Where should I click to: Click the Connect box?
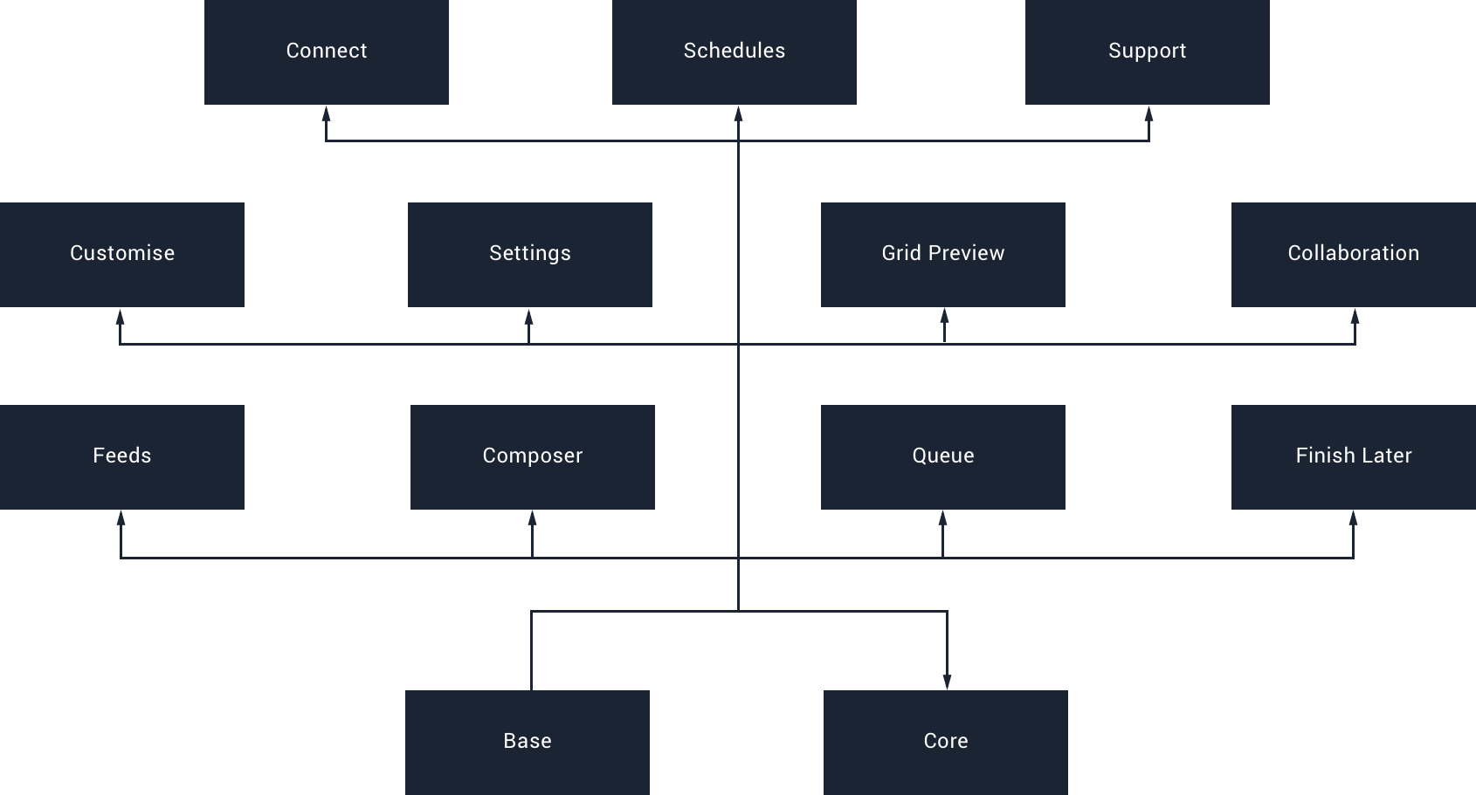327,51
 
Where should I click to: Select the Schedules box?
735,51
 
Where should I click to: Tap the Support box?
1148,51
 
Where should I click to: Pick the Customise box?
122,254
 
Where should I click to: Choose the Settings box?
530,254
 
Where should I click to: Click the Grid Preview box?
943,254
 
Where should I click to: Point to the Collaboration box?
1354,254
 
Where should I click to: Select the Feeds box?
122,456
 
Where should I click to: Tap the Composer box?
533,456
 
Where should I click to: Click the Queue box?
943,456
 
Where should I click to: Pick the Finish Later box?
1354,456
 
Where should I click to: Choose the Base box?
528,742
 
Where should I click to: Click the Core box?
946,742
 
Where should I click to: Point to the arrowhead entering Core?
947,682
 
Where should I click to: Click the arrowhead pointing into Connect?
326,113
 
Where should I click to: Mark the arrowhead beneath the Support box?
1148,113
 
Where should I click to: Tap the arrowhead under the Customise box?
120,317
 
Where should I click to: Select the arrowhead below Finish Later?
1353,518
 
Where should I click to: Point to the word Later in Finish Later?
1387,456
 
